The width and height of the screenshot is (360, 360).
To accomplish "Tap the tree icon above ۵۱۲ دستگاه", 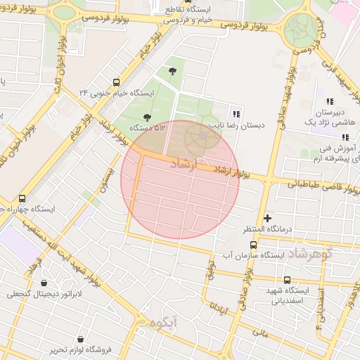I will click(x=147, y=117).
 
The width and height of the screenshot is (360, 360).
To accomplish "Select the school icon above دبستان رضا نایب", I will click(x=236, y=114).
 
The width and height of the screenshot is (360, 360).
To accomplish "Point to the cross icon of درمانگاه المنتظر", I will click(x=267, y=219).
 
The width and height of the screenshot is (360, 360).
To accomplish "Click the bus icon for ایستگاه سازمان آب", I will click(x=253, y=244).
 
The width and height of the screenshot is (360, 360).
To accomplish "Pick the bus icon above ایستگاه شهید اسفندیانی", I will click(x=287, y=280).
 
